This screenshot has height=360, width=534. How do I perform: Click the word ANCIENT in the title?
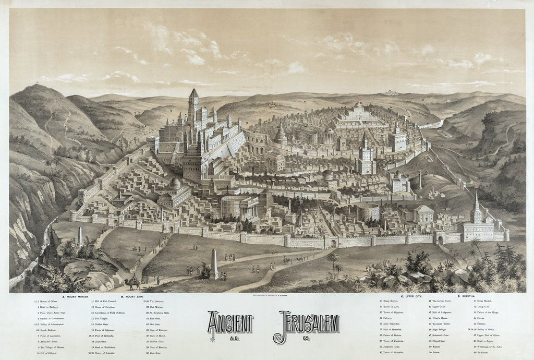pos(230,323)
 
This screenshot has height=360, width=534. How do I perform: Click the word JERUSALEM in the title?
pos(309,323)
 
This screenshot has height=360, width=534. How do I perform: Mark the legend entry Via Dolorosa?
pos(151,302)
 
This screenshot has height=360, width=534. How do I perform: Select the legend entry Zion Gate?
pos(151,353)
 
